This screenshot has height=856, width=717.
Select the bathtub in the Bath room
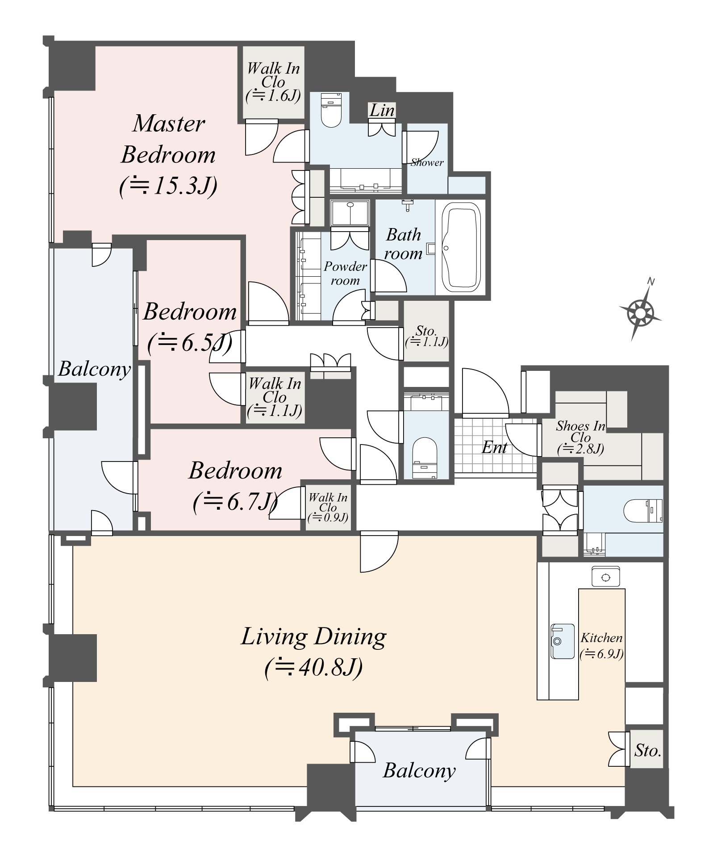point(461,248)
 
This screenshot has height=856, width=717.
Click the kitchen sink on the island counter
point(562,641)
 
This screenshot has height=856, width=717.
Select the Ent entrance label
point(495,447)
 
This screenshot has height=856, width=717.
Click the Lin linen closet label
point(382,110)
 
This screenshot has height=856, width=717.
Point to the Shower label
point(427,162)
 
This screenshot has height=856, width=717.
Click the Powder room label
point(345,273)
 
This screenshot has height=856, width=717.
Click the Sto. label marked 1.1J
point(426,336)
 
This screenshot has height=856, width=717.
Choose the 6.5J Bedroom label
point(190,327)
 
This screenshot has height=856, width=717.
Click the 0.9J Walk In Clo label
point(328,507)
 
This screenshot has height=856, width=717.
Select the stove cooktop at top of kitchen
point(605,578)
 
